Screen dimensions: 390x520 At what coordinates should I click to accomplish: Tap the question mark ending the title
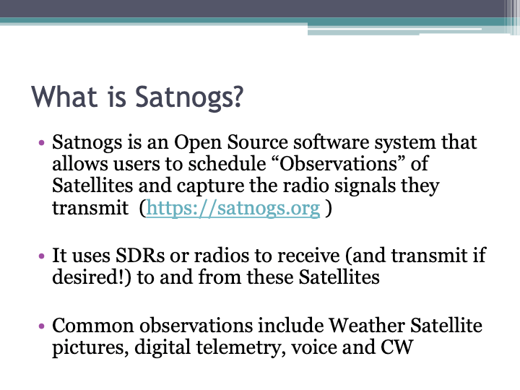click(235, 97)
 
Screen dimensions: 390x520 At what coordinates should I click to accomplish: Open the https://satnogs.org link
click(233, 209)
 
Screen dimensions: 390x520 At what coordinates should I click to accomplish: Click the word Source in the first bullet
click(278, 142)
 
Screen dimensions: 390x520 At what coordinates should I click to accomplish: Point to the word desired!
click(90, 277)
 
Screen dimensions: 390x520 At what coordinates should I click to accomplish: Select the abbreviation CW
click(396, 347)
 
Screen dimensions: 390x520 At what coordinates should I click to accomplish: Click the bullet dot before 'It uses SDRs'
click(43, 256)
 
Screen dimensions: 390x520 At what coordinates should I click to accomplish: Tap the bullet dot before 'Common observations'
click(43, 326)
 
